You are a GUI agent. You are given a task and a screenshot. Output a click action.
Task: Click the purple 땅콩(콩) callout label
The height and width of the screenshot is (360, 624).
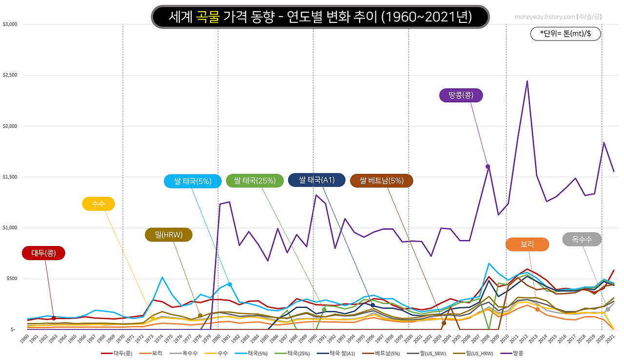point(461,95)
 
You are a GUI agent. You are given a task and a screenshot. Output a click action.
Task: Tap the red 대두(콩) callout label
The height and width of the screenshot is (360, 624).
point(43,253)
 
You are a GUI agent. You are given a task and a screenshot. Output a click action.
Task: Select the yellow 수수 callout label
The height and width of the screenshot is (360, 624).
point(98,204)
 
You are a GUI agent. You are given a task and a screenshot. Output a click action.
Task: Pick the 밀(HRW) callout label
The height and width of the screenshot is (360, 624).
point(169,235)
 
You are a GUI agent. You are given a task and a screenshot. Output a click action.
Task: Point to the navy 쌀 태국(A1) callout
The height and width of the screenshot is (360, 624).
point(316,180)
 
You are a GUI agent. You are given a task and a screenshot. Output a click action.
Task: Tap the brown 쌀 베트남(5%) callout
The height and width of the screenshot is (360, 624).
point(381,181)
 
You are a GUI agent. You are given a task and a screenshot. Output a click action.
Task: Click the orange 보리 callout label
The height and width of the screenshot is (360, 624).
point(527,245)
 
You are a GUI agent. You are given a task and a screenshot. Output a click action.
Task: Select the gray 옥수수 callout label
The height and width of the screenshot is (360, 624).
point(582,239)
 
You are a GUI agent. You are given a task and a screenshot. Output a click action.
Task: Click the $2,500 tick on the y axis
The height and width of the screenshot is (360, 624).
point(10,75)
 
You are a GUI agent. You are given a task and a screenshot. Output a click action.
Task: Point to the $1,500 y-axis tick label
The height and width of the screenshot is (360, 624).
point(10,177)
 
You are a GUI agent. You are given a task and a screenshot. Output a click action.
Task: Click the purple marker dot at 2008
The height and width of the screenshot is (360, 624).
point(487,167)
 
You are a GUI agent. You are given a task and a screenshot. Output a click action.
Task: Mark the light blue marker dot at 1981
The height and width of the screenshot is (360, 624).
point(230,284)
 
